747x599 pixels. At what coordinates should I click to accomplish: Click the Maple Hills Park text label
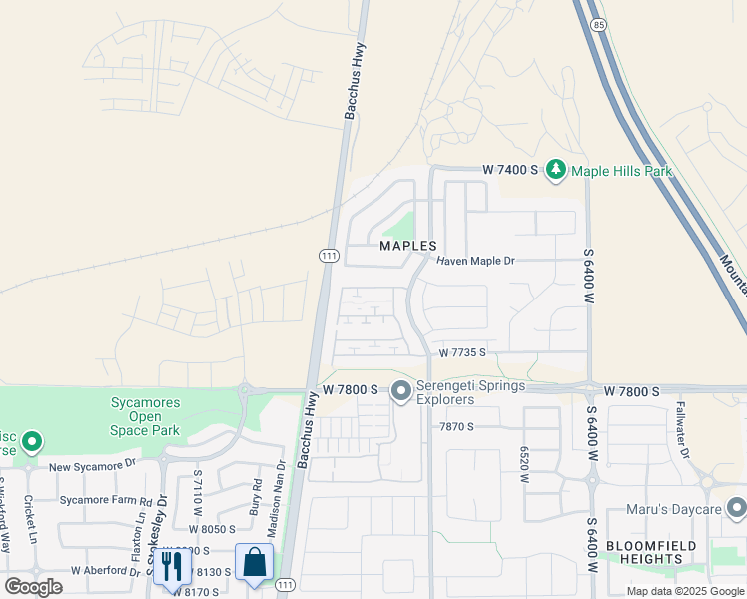(621, 172)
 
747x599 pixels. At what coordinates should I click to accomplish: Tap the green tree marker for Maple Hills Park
(555, 171)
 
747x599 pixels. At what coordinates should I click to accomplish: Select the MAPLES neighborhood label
(408, 246)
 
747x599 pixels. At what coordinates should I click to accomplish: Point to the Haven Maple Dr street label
(476, 261)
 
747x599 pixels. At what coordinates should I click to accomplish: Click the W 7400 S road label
(510, 171)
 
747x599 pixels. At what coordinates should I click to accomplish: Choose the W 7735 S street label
(462, 352)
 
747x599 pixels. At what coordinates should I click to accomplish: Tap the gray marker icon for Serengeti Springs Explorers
(401, 391)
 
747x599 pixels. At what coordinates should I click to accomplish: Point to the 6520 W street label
(523, 464)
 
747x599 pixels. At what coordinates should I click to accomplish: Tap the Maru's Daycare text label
(673, 510)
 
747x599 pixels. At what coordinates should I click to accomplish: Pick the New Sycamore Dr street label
(92, 466)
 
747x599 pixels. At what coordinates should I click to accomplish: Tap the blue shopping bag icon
(255, 563)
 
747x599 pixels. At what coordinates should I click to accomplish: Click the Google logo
(33, 587)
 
